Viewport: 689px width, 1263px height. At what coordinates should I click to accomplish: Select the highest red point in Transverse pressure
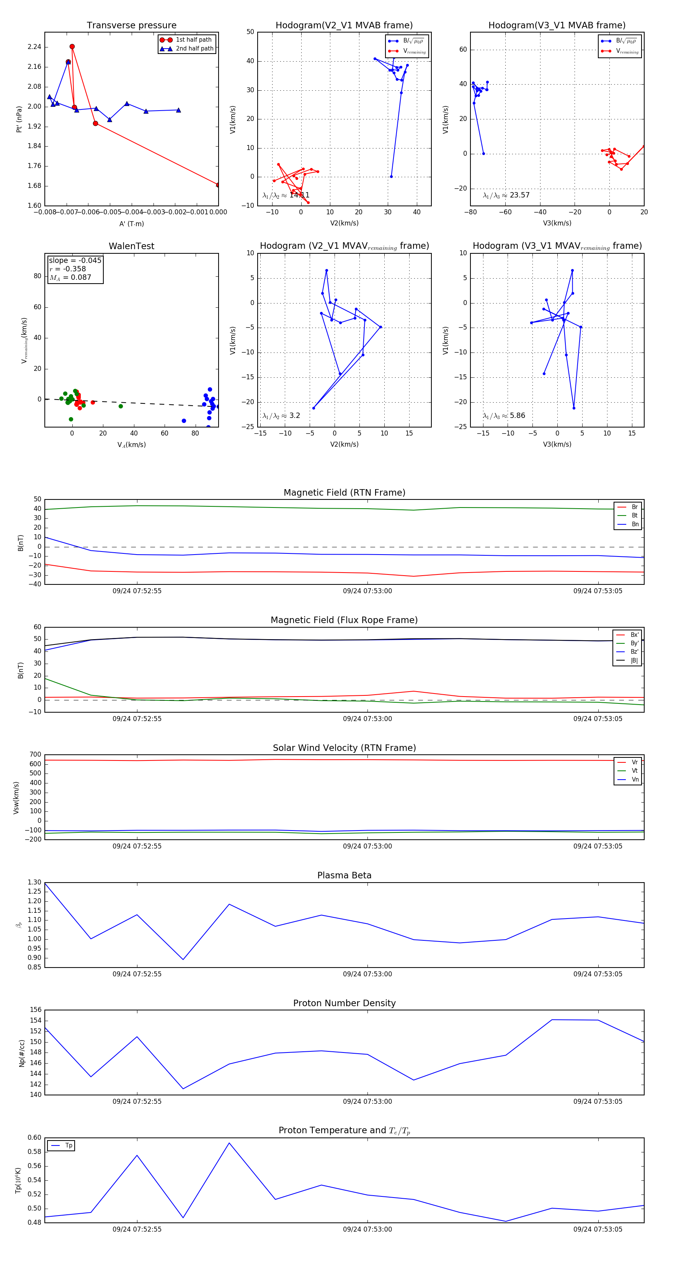point(72,47)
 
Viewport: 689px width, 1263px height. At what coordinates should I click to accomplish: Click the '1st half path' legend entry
point(194,40)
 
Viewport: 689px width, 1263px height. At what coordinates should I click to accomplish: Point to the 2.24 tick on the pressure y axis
point(34,47)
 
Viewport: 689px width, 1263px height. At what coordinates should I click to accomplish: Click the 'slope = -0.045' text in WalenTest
point(75,260)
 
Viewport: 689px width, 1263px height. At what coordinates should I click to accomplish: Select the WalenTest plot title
point(131,246)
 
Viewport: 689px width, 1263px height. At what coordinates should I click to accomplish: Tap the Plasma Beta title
point(344,875)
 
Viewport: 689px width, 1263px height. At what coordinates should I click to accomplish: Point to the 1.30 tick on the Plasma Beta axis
point(34,882)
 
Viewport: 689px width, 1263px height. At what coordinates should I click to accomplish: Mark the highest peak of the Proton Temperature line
point(229,1143)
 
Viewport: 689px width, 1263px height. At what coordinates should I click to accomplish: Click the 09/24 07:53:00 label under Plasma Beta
point(367,974)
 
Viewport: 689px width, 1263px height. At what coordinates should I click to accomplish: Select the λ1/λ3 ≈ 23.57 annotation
point(506,195)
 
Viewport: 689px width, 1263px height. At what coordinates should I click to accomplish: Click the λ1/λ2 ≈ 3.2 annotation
point(281,416)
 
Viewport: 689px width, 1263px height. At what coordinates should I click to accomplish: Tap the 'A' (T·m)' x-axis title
point(131,224)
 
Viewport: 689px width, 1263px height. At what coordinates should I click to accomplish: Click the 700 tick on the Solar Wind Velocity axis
point(35,755)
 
